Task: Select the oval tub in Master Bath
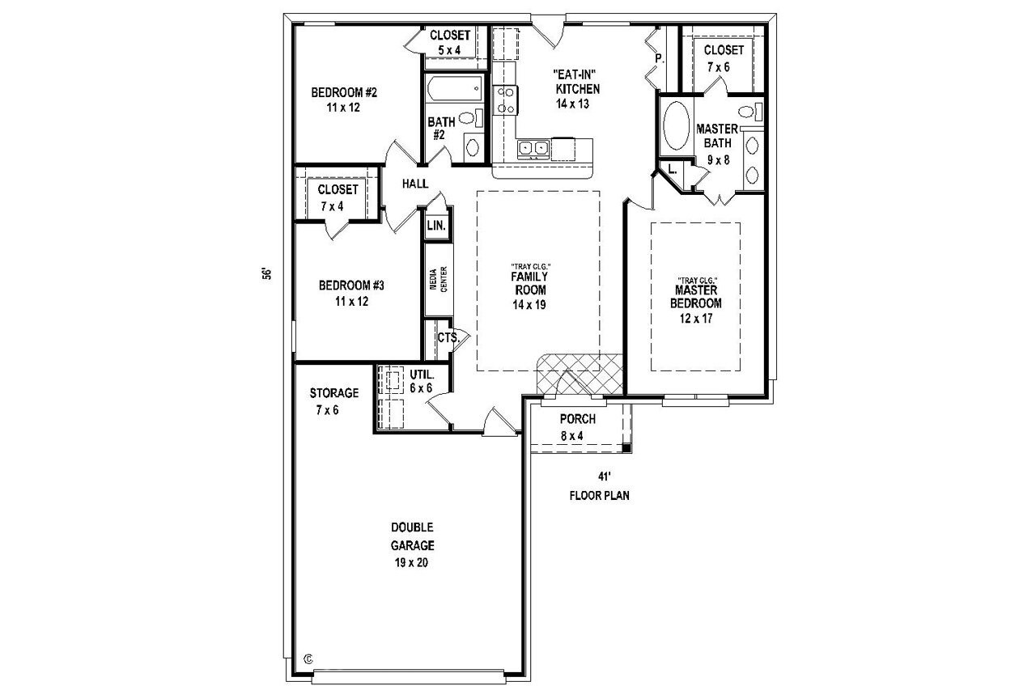[x=674, y=126]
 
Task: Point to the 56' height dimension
[x=265, y=273]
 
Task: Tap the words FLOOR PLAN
[x=599, y=495]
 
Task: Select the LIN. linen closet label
[x=435, y=226]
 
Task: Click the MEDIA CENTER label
[x=438, y=280]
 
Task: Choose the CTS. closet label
[x=448, y=337]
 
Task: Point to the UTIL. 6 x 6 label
[x=421, y=382]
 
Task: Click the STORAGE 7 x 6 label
[x=333, y=401]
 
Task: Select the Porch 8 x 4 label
[x=577, y=426]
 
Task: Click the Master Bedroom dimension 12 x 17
[x=696, y=318]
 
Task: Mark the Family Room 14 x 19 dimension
[x=529, y=305]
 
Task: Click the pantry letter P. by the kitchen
[x=659, y=58]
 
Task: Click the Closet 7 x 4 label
[x=338, y=197]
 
